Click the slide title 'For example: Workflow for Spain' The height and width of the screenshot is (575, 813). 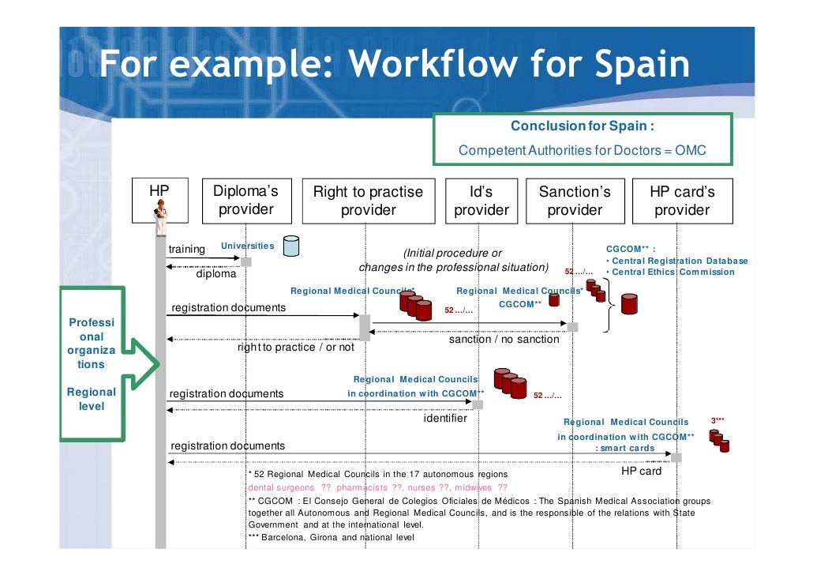394,65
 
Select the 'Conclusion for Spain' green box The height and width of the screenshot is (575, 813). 583,138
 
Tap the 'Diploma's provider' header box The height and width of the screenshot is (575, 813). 245,201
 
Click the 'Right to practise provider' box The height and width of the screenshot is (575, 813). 368,201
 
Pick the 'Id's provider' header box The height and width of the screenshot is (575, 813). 481,201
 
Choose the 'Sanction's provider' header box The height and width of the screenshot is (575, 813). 575,201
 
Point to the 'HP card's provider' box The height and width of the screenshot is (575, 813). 681,201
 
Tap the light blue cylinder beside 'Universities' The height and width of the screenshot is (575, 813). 290,246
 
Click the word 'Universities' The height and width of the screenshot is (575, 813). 247,246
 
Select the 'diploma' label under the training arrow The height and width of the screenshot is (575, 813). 216,275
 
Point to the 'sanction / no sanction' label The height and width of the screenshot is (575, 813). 504,340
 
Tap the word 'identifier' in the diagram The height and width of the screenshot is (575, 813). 445,418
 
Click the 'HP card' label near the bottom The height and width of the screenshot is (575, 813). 642,472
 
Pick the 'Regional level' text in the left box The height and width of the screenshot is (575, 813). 92,399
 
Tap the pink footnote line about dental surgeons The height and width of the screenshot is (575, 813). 378,487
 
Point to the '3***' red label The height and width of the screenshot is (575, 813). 718,421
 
